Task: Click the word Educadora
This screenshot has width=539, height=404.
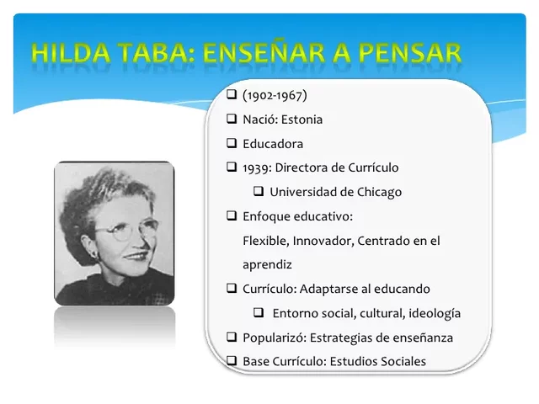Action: [x=273, y=144]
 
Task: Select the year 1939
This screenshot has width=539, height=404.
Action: [x=256, y=167]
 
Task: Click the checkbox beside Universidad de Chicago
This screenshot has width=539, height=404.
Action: [x=259, y=191]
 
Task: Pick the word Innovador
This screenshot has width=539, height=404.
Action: [x=322, y=241]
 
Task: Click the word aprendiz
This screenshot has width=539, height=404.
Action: [x=267, y=264]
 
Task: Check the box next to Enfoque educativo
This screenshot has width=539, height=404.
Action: [x=232, y=215]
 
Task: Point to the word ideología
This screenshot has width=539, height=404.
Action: [x=435, y=313]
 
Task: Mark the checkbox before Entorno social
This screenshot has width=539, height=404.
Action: [x=259, y=312]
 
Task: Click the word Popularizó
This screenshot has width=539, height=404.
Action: [x=274, y=338]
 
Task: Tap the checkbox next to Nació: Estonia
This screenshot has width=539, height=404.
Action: [x=232, y=119]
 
